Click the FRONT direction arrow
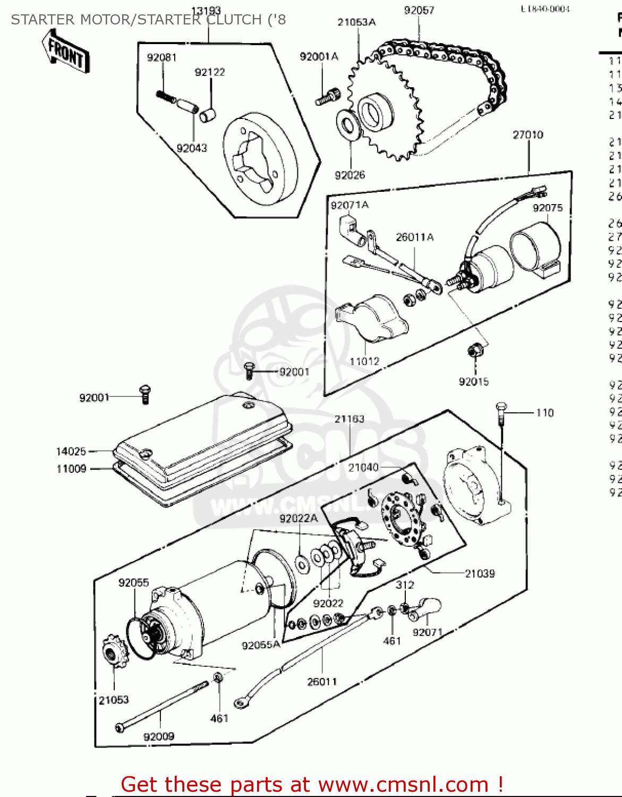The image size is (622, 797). pos(66,52)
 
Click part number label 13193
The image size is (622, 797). pos(206,11)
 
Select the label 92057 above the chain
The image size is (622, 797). pos(419,10)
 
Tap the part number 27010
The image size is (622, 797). pos(528,135)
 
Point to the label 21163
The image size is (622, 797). pos(350,419)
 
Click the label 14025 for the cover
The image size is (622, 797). pos(71,452)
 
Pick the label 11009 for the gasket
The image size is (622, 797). pos(71,469)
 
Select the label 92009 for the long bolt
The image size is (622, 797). pos(159,736)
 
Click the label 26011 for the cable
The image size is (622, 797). pos(322,682)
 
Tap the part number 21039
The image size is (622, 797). pos(480,574)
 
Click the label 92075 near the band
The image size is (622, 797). pos(548,208)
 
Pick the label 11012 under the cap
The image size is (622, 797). pos(364,361)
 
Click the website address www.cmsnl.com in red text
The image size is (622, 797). pos(403,785)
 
